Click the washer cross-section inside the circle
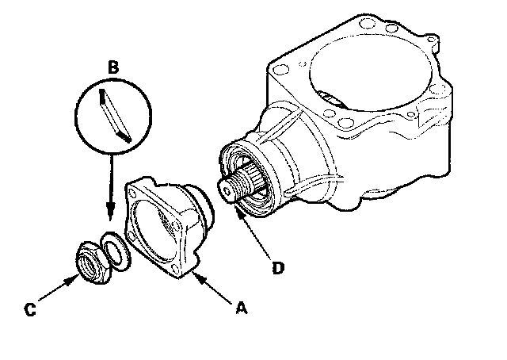pyautogui.click(x=115, y=117)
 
